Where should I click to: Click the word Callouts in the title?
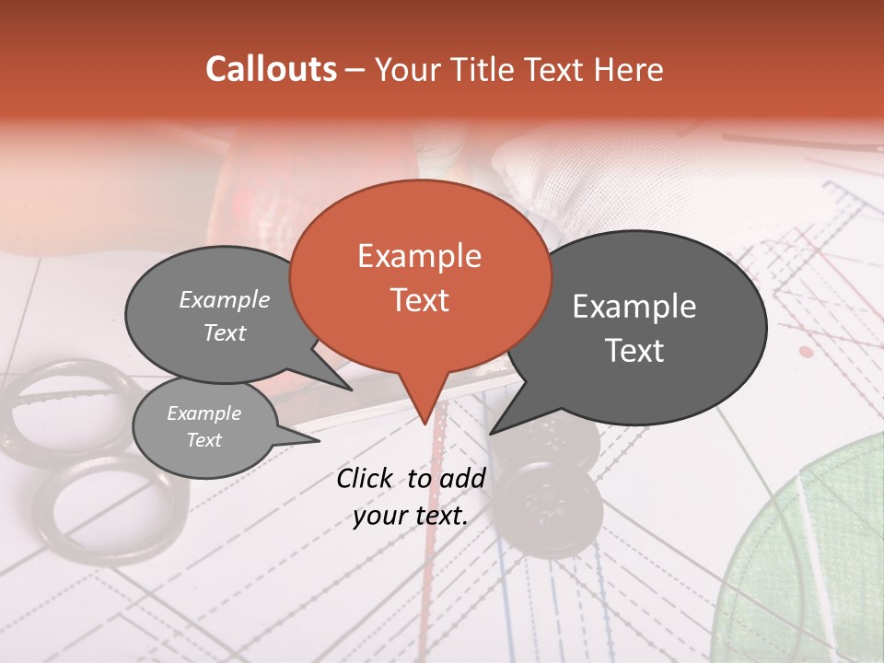point(271,69)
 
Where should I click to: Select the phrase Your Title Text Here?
point(519,70)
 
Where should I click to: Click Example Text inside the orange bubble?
point(420,277)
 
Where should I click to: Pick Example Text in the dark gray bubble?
point(634,328)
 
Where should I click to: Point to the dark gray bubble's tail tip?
point(494,431)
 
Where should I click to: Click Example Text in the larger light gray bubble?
point(225,316)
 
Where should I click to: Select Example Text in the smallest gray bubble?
point(204,426)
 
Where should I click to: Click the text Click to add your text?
point(411,497)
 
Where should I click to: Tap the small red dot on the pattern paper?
point(807,352)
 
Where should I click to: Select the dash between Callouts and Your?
point(355,70)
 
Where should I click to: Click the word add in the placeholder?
point(463,478)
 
